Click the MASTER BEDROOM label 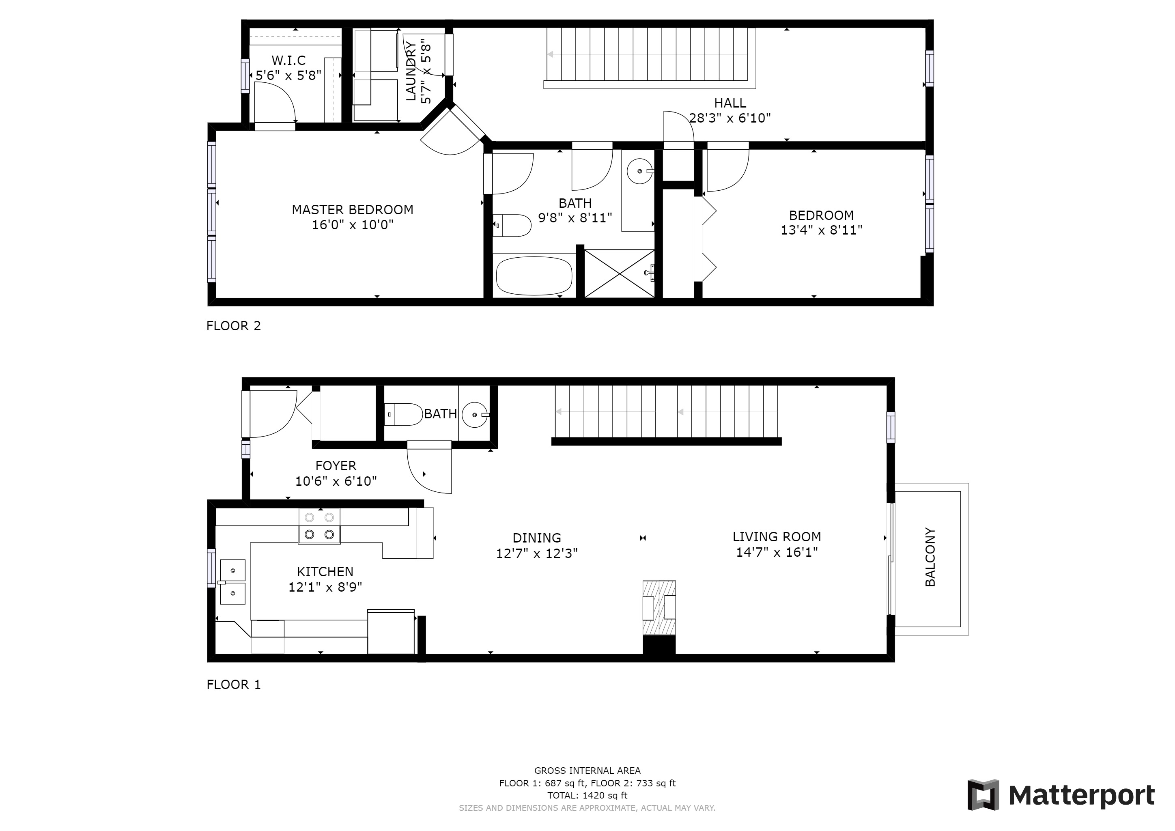click(353, 210)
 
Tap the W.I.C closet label click(288, 60)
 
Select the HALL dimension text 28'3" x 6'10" click(730, 118)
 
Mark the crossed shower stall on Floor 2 click(619, 273)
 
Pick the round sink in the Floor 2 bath click(640, 171)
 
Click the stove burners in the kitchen click(319, 525)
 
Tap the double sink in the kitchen click(232, 582)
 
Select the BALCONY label click(930, 557)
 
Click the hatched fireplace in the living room click(659, 608)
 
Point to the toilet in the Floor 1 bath click(403, 414)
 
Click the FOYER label click(336, 466)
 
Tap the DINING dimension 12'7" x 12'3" click(537, 553)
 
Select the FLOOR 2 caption click(233, 326)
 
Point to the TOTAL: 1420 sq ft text click(587, 796)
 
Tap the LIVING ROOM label click(777, 537)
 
